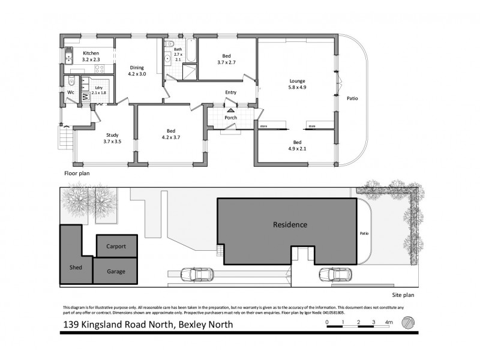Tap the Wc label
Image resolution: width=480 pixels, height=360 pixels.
tap(70, 92)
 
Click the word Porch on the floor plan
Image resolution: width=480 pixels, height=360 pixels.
tap(231, 118)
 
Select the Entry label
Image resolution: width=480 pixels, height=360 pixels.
tap(231, 92)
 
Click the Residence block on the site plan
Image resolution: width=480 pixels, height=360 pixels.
tap(290, 226)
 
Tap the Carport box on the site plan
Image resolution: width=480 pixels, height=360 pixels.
tap(116, 247)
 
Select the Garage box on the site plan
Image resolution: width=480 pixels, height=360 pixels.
tap(116, 271)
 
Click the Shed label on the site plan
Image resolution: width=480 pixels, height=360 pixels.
tap(76, 267)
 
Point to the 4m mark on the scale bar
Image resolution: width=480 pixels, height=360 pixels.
tap(389, 323)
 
